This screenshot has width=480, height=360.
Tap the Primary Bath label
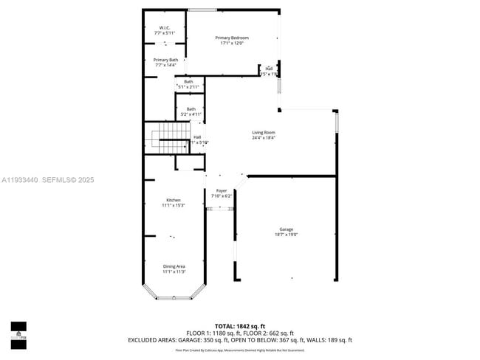pyautogui.click(x=165, y=60)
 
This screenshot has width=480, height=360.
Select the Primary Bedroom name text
pyautogui.click(x=232, y=38)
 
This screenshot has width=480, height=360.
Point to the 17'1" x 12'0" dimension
pyautogui.click(x=232, y=43)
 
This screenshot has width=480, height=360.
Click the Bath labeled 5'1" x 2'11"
pyautogui.click(x=188, y=82)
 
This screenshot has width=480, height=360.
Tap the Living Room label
pyautogui.click(x=263, y=133)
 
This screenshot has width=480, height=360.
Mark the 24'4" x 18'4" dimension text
pyautogui.click(x=263, y=138)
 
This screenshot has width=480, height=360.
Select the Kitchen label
pyautogui.click(x=174, y=200)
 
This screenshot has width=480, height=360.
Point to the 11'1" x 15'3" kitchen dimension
pyautogui.click(x=174, y=205)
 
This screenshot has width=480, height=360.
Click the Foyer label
pyautogui.click(x=222, y=191)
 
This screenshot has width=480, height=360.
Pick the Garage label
pyautogui.click(x=286, y=229)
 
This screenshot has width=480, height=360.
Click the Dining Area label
pyautogui.click(x=174, y=266)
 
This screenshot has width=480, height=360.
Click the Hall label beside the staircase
pyautogui.click(x=197, y=136)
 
